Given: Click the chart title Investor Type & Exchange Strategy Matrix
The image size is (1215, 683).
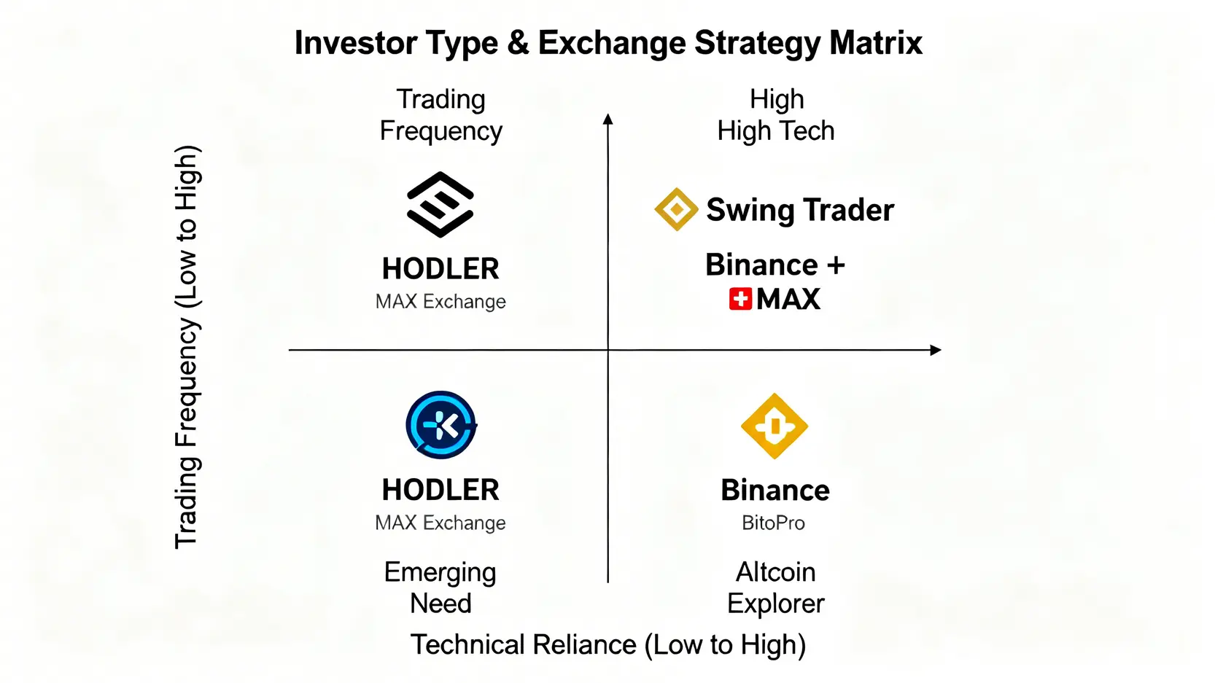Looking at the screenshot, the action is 608,43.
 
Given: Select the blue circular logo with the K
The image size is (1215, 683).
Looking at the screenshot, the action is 441,425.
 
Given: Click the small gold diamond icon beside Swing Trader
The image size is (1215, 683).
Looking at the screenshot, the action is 676,209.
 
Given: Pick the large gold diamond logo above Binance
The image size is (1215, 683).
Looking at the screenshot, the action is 775,426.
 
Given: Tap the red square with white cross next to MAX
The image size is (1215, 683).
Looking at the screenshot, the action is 740,299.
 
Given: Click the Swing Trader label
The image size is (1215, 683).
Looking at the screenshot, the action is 800,210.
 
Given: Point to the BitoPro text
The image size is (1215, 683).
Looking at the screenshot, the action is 774,523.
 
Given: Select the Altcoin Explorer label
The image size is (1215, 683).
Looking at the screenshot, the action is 776,588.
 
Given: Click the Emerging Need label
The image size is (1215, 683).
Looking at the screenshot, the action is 440,588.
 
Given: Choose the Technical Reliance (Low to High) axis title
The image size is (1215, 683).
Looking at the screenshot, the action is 608,644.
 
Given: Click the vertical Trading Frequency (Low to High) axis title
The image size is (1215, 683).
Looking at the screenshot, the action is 187,347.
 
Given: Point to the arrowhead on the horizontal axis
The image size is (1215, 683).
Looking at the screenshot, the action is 936,350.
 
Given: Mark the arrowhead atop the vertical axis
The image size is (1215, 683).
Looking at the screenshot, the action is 608,119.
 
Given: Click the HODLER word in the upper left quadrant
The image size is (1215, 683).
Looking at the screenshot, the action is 440,269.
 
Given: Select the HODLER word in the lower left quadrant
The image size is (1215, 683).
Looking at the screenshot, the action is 440,490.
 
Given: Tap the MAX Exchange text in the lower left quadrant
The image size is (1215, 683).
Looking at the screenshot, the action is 440,523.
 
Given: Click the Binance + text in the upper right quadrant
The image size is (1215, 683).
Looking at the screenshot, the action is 775,265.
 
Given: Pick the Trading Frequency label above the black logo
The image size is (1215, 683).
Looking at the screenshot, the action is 441,115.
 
